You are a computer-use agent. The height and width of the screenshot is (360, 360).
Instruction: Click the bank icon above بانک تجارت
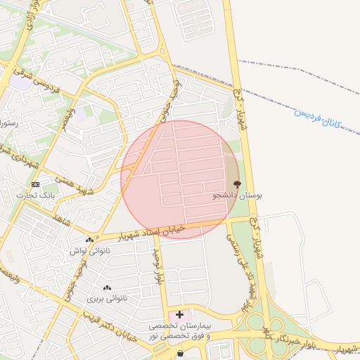click(36, 184)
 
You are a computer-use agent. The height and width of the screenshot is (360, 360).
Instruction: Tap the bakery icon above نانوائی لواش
click(89, 239)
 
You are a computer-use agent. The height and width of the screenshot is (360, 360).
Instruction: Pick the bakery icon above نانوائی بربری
click(107, 288)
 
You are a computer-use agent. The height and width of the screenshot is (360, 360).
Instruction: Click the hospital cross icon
click(180, 314)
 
